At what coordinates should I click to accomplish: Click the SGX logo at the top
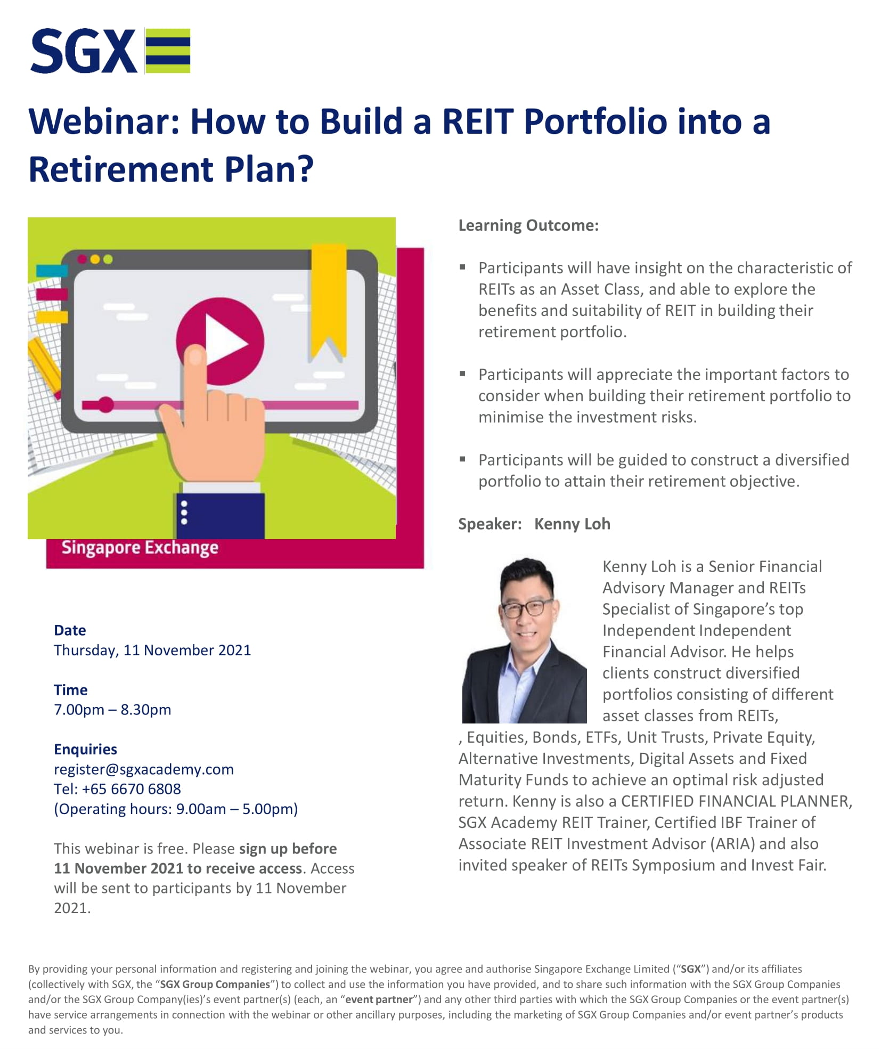click(x=110, y=51)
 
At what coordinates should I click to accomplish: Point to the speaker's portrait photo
click(x=524, y=640)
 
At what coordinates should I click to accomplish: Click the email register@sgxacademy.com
click(x=144, y=769)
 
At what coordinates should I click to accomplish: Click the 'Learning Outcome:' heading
click(x=528, y=225)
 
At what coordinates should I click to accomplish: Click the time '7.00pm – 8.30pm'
click(x=112, y=710)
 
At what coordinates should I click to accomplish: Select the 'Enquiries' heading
click(x=85, y=749)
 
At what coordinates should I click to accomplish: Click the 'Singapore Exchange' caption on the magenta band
click(x=140, y=548)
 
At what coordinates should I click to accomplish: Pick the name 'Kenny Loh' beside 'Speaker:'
click(x=572, y=524)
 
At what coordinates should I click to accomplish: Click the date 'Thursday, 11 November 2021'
click(x=152, y=650)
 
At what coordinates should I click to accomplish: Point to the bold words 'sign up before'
click(x=288, y=848)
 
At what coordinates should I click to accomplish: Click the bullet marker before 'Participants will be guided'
click(x=463, y=458)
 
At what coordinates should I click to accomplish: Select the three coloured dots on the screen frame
click(x=95, y=259)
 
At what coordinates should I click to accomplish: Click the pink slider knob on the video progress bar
click(x=105, y=405)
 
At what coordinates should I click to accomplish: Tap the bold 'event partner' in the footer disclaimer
click(x=379, y=999)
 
